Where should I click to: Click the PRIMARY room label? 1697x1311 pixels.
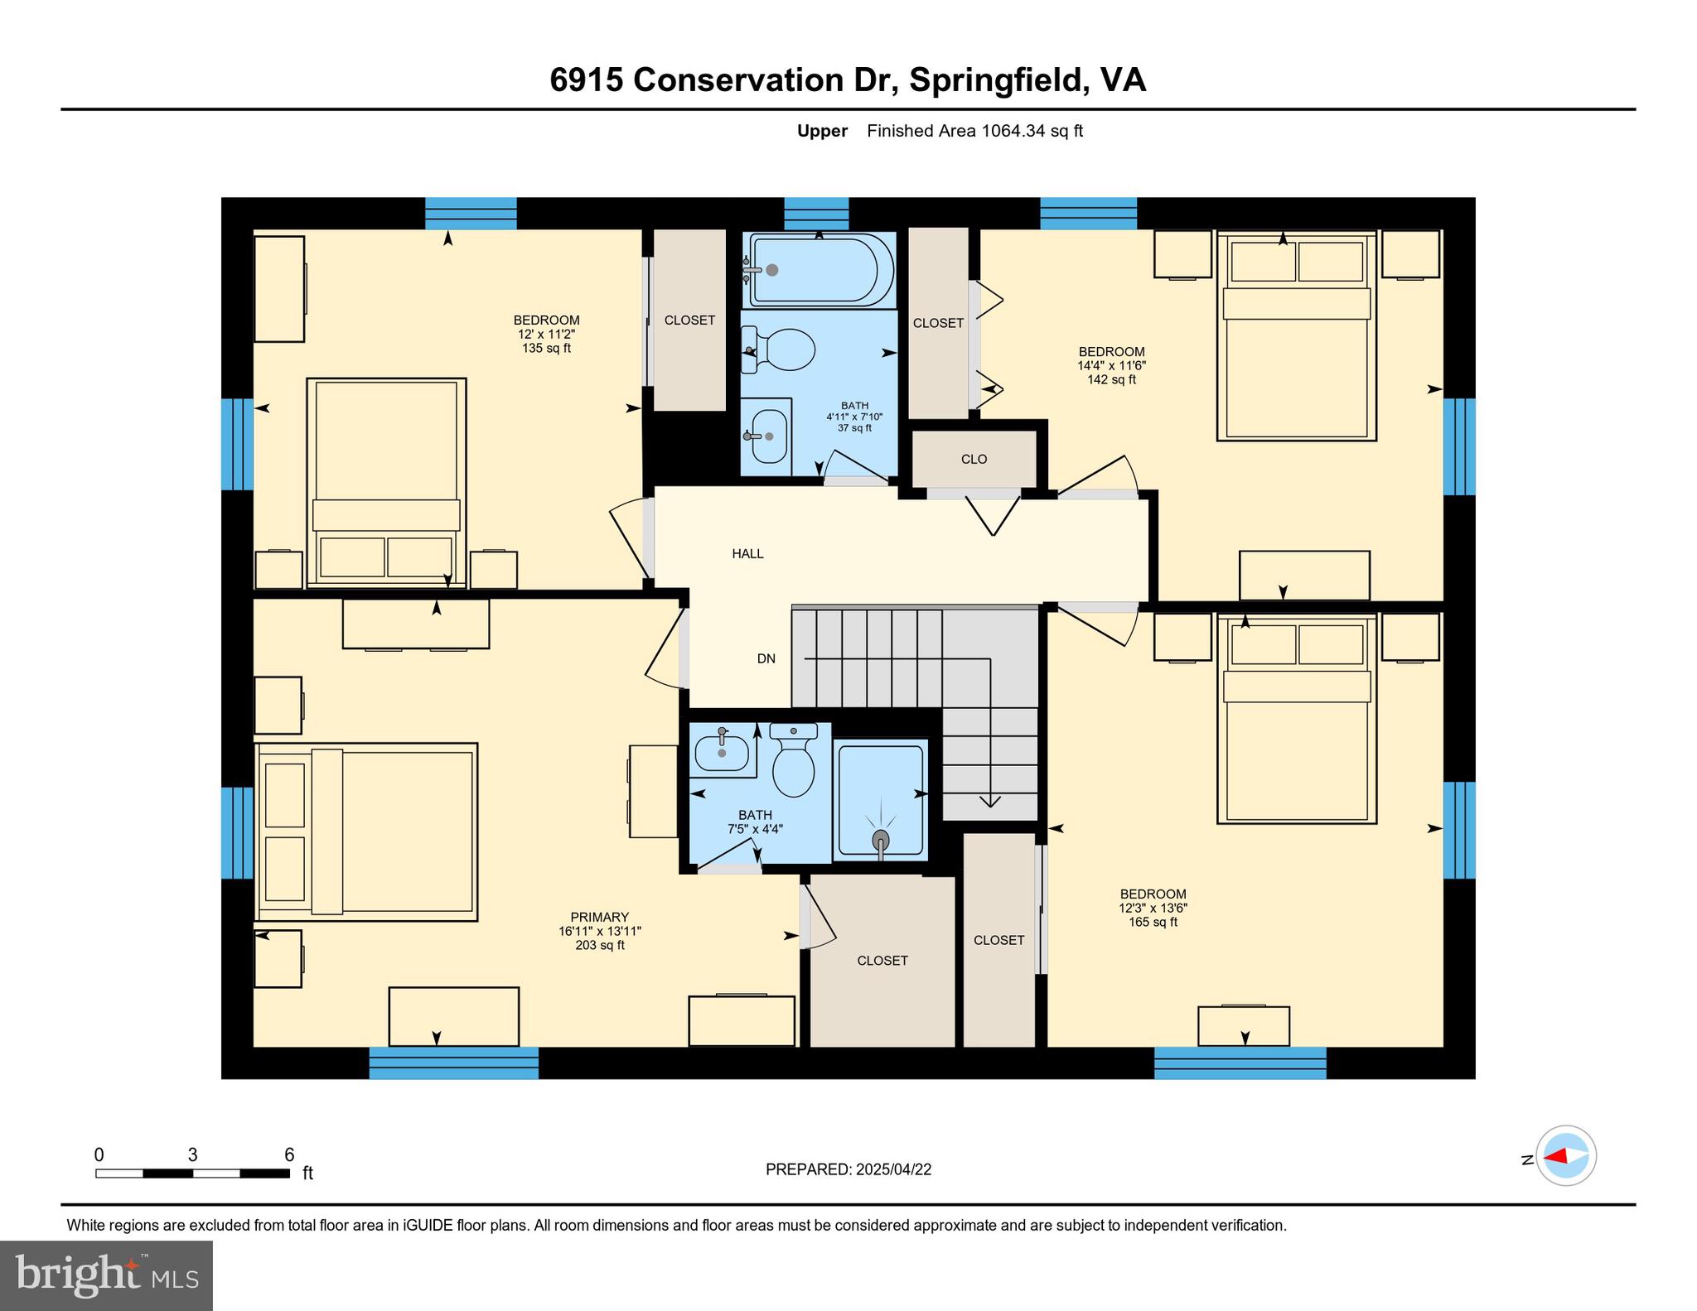[599, 917]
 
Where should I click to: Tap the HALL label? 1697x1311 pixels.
[747, 553]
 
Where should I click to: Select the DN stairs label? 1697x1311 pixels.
[766, 658]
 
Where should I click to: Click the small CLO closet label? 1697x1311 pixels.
[974, 459]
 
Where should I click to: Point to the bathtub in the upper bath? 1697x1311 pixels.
[820, 270]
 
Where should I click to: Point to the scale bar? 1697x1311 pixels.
[192, 1173]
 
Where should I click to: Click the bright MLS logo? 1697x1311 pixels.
[106, 1275]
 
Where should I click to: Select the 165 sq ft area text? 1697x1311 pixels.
[1153, 922]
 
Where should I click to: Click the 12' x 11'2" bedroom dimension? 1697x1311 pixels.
[546, 334]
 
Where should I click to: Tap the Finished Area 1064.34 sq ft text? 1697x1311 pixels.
[974, 131]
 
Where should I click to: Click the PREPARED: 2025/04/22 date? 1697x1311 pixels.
[848, 1169]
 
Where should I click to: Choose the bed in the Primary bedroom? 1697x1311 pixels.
[367, 831]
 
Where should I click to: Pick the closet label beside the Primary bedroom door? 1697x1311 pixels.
[882, 960]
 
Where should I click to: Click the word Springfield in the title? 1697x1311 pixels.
[997, 80]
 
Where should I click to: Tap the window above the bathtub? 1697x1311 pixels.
[816, 213]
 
